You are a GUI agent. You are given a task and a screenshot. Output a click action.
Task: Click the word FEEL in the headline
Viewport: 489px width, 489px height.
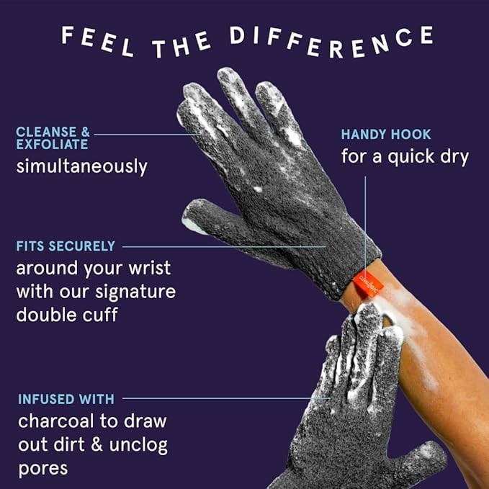click(98, 41)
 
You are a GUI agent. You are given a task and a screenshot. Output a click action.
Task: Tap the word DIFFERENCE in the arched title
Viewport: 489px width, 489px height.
click(331, 41)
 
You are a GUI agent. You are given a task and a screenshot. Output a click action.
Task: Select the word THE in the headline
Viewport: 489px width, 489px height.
click(181, 45)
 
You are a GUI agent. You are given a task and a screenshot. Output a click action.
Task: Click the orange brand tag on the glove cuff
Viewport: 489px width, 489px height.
click(368, 283)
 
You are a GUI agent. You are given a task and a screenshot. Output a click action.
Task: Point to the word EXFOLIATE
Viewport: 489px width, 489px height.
click(52, 144)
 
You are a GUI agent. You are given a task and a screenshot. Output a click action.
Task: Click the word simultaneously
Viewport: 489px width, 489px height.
click(81, 166)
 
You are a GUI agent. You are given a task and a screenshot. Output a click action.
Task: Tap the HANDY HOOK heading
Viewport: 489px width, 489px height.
click(386, 135)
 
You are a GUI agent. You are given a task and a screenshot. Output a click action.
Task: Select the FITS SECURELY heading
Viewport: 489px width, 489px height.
click(66, 246)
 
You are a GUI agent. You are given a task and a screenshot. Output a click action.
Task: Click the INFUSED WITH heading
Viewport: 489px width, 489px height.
click(66, 399)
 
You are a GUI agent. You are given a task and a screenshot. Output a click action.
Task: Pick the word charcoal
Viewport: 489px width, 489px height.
click(56, 421)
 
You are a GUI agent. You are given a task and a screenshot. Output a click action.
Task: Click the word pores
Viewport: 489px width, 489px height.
click(43, 469)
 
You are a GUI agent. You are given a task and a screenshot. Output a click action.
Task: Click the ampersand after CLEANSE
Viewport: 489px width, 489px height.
click(85, 132)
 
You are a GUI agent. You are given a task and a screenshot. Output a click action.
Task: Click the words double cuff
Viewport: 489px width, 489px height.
click(67, 314)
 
